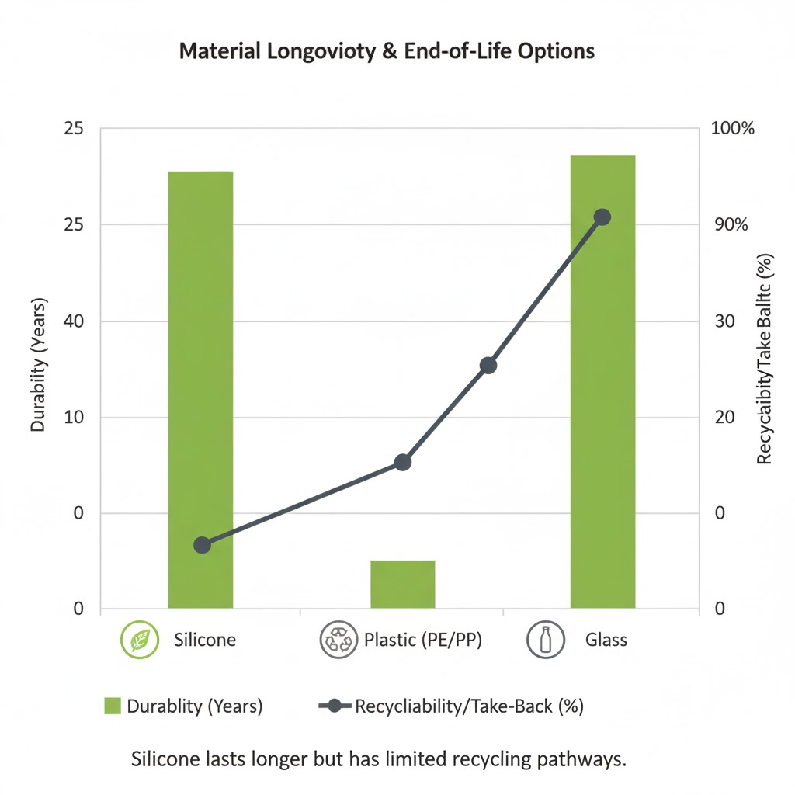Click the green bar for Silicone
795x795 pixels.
pyautogui.click(x=200, y=388)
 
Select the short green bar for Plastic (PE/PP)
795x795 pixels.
pyautogui.click(x=402, y=584)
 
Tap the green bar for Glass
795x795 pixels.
pyautogui.click(x=602, y=380)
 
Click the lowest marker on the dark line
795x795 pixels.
pyautogui.click(x=202, y=545)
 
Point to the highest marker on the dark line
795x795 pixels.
pyautogui.click(x=602, y=217)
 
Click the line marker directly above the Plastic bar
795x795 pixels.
pyautogui.click(x=402, y=463)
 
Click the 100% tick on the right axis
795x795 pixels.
pyautogui.click(x=733, y=129)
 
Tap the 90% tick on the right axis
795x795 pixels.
pyautogui.click(x=730, y=225)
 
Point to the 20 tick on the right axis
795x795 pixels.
pyautogui.click(x=724, y=418)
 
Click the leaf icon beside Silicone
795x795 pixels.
pyautogui.click(x=140, y=641)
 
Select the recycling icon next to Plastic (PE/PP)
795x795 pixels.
pyautogui.click(x=337, y=641)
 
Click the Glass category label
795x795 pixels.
pyautogui.click(x=606, y=641)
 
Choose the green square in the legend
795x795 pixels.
pyautogui.click(x=113, y=706)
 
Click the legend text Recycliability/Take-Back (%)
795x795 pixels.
pyautogui.click(x=469, y=706)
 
